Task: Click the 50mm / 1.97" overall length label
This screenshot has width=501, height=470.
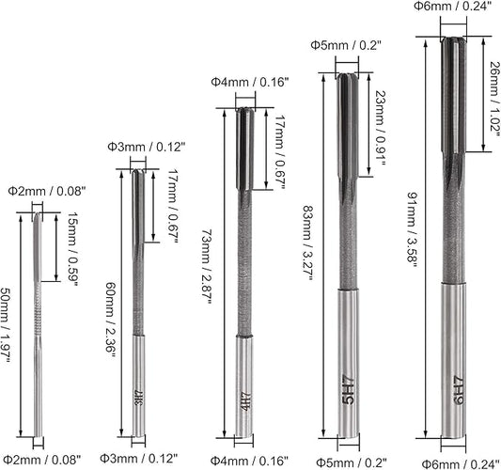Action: pyautogui.click(x=6, y=325)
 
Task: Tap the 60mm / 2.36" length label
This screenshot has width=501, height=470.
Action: pyautogui.click(x=111, y=321)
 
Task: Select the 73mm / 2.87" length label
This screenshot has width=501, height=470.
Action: pyautogui.click(x=207, y=267)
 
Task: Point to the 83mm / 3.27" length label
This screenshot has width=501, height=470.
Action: pyautogui.click(x=306, y=243)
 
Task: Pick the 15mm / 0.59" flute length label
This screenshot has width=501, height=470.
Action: pyautogui.click(x=72, y=249)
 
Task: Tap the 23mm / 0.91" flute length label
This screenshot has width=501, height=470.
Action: pyautogui.click(x=381, y=128)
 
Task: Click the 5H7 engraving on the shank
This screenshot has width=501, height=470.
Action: pyautogui.click(x=348, y=389)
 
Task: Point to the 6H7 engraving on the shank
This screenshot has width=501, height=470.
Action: pyautogui.click(x=458, y=390)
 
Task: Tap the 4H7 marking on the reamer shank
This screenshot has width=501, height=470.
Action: pyautogui.click(x=245, y=400)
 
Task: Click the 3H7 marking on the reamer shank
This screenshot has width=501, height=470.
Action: pyautogui.click(x=138, y=398)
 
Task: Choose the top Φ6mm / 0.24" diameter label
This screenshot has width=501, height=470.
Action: pyautogui.click(x=452, y=6)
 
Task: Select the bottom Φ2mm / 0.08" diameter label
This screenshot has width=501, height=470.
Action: pyautogui.click(x=42, y=460)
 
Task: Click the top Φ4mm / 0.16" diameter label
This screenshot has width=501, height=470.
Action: pyautogui.click(x=249, y=82)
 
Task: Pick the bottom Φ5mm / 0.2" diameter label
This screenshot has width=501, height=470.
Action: pyautogui.click(x=352, y=462)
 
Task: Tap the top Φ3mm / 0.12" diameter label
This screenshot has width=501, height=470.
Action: pyautogui.click(x=147, y=147)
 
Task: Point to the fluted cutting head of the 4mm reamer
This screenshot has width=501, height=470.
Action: pyautogui.click(x=245, y=149)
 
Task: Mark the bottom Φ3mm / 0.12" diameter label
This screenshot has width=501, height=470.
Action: pyautogui.click(x=138, y=458)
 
